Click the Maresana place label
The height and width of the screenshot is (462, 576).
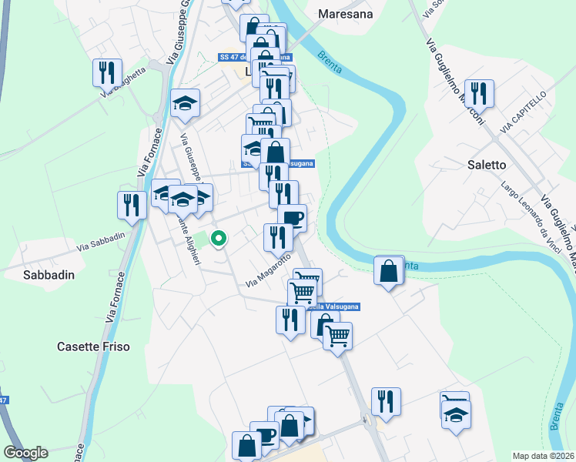coord(345,14)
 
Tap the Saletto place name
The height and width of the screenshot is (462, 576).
coord(487,165)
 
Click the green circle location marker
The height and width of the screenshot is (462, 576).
coord(218,239)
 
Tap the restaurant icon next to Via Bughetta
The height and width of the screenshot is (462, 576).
coord(108,72)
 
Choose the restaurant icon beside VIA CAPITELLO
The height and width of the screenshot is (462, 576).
coord(480,93)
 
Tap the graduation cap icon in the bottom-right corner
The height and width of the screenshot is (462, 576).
coord(456,414)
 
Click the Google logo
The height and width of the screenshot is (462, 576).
coord(25,453)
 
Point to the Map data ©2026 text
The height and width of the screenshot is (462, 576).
coord(543,456)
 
